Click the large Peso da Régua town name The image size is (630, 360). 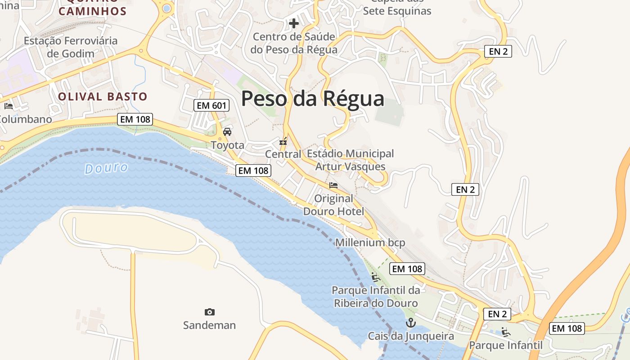click(x=313, y=99)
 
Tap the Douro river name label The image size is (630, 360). click(x=106, y=168)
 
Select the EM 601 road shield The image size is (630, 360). click(x=211, y=106)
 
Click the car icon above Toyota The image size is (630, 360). click(x=227, y=132)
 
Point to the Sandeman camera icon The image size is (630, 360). click(x=209, y=312)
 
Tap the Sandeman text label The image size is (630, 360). click(x=209, y=325)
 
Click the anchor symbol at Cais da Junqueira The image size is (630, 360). click(x=410, y=323)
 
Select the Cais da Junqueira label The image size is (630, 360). click(x=411, y=336)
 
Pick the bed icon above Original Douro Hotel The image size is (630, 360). click(x=333, y=185)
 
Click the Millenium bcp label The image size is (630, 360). click(x=370, y=243)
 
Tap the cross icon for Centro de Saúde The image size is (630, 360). click(x=294, y=23)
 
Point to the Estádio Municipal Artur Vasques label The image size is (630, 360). click(x=350, y=160)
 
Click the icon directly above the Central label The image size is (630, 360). click(x=283, y=141)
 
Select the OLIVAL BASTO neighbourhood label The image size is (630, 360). click(x=103, y=96)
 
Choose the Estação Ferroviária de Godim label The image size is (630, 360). click(x=71, y=47)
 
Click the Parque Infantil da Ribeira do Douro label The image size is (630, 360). click(x=376, y=297)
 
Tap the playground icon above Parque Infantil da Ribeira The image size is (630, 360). click(x=376, y=277)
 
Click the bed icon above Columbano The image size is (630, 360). click(x=8, y=106)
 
